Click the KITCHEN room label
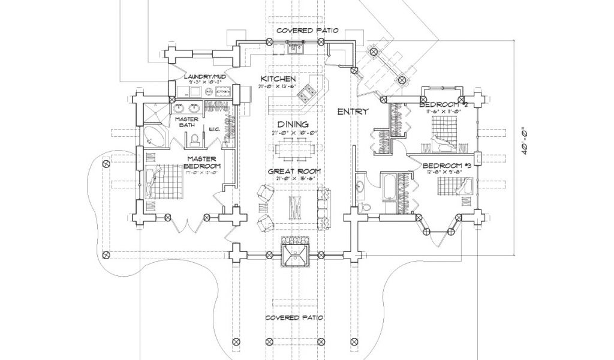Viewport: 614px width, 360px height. [x=279, y=79]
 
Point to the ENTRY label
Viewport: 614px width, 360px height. [x=352, y=112]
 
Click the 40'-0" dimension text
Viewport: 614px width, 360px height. [x=524, y=142]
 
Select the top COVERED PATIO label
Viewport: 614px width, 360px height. [x=308, y=30]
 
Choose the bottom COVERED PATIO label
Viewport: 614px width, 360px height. [x=294, y=317]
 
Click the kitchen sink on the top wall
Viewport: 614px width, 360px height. [x=296, y=47]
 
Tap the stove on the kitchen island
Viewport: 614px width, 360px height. [x=310, y=92]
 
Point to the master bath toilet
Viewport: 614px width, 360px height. [x=194, y=140]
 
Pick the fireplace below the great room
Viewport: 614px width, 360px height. [x=295, y=253]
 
